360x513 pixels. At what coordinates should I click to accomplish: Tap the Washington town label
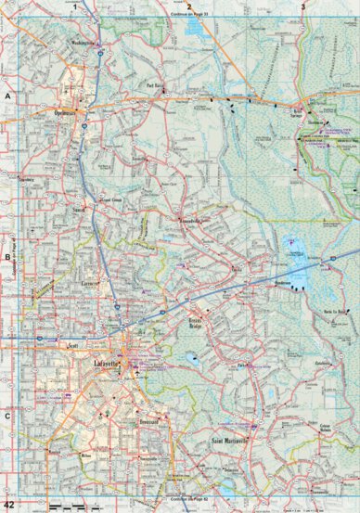pyautogui.click(x=84, y=42)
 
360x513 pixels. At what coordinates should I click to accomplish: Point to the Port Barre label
pyautogui.click(x=154, y=89)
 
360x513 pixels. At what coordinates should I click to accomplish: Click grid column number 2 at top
pyautogui.click(x=189, y=6)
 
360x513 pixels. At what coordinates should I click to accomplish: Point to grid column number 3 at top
pyautogui.click(x=302, y=6)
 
